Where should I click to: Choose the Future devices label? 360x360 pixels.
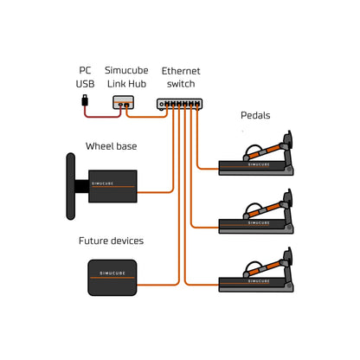point(111,241)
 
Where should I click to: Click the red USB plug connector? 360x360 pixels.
point(84,103)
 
